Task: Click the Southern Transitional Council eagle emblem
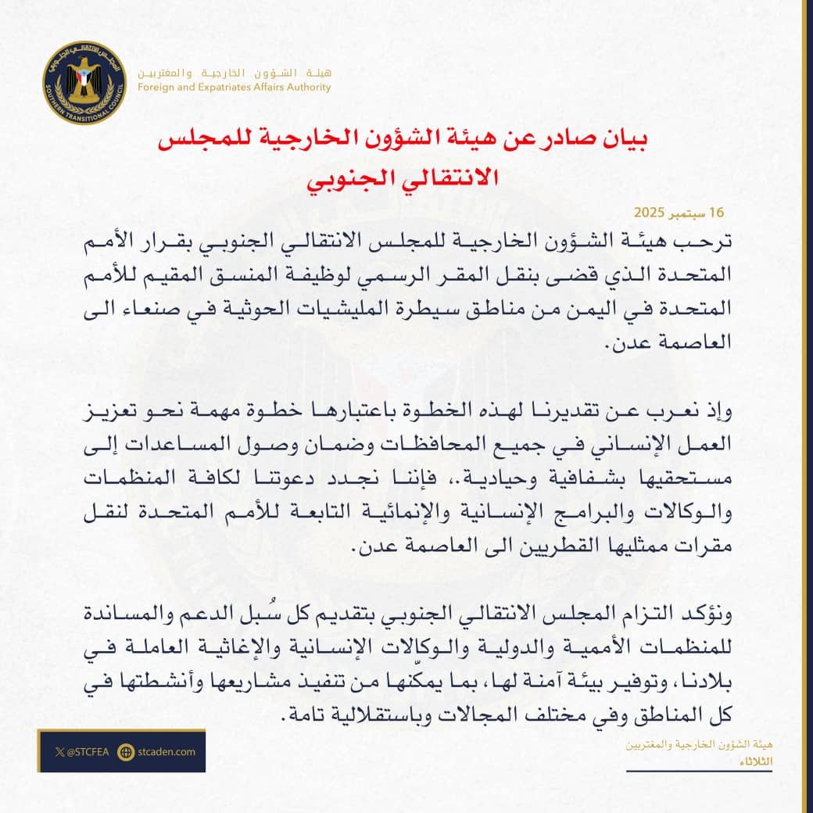[84, 83]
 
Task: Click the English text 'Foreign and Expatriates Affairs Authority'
[234, 87]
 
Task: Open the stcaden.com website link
[167, 752]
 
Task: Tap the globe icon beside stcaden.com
[124, 752]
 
